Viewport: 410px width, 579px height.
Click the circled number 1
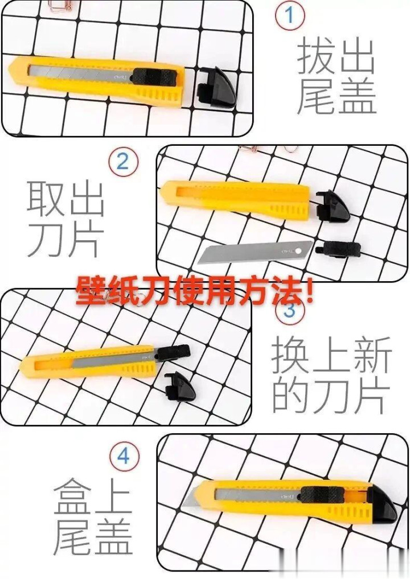pyautogui.click(x=290, y=15)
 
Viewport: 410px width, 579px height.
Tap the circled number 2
pyautogui.click(x=123, y=162)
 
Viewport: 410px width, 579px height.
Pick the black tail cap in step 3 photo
pyautogui.click(x=181, y=385)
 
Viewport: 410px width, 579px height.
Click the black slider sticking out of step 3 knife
pyautogui.click(x=173, y=352)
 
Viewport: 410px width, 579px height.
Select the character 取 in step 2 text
pyautogui.click(x=46, y=198)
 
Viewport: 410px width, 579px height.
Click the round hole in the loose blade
pyautogui.click(x=299, y=251)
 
